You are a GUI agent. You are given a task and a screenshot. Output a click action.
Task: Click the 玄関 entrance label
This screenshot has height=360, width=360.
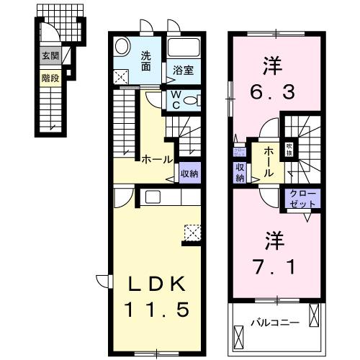pos(50,57)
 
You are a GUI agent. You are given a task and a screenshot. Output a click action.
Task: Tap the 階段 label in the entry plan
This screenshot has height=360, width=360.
pos(50,74)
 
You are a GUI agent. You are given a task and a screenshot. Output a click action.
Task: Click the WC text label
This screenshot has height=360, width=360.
pos(176,101)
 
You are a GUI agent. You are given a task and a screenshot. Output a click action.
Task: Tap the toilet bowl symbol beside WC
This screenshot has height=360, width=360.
pos(191,102)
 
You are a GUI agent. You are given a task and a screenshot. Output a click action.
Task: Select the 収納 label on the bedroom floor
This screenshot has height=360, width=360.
pos(239,173)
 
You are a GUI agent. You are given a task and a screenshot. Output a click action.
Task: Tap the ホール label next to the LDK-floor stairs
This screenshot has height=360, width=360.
pos(156,159)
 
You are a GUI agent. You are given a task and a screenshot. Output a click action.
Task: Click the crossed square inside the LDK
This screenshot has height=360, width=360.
pos(193,233)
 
